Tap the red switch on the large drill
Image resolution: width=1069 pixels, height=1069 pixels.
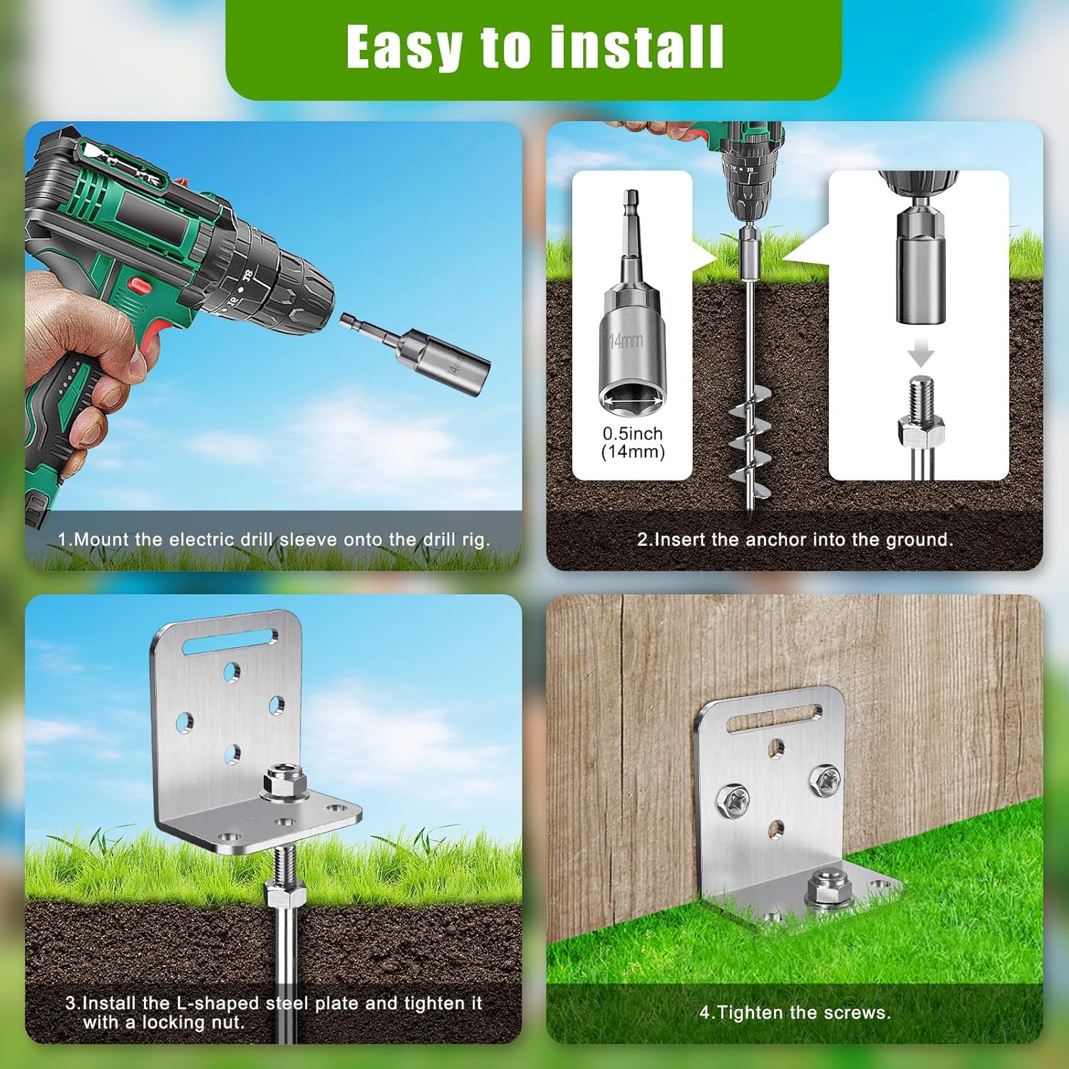(140, 286)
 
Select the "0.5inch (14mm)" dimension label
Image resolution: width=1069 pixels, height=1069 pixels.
(633, 443)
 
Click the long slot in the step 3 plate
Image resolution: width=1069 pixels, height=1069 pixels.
(230, 641)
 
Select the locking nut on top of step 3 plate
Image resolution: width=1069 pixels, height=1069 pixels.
(285, 781)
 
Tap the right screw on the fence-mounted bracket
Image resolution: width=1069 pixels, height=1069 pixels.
(825, 780)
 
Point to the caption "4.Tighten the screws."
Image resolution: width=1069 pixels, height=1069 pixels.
(795, 1012)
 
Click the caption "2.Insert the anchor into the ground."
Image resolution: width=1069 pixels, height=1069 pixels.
(795, 539)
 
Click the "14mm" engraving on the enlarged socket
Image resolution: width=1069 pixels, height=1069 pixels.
(626, 341)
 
